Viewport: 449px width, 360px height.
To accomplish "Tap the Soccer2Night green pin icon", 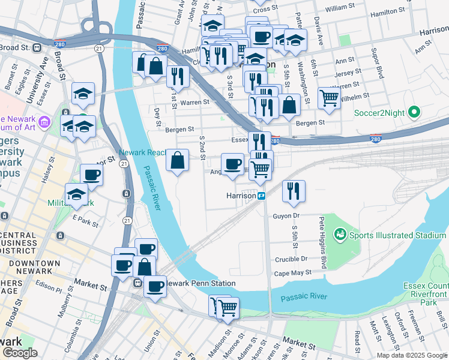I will (x=414, y=112).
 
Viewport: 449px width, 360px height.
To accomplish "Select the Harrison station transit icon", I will (x=262, y=196).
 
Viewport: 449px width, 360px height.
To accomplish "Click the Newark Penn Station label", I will (x=200, y=283).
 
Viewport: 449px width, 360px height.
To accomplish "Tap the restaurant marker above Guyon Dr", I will (x=294, y=191).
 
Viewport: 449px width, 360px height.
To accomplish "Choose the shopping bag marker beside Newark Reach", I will (x=177, y=160).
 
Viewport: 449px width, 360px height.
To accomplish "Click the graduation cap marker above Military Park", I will (x=77, y=194).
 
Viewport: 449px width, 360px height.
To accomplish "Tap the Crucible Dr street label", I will (x=291, y=259).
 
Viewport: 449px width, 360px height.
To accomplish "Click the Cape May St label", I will (x=293, y=272).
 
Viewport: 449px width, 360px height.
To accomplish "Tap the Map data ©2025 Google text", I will (x=412, y=355).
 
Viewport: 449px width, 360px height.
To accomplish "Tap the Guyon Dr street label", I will (x=286, y=215).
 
